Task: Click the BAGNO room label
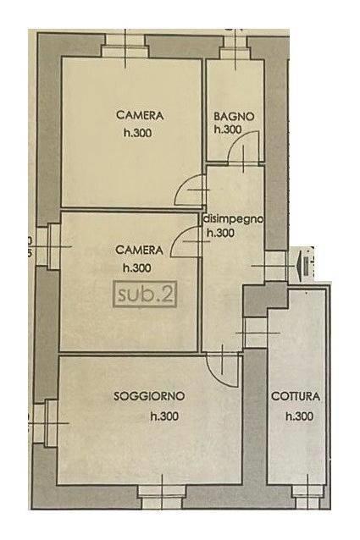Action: point(234,116)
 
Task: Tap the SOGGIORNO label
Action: point(149,396)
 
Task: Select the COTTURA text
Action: point(296,396)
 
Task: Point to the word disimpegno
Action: point(234,219)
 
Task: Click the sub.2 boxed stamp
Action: point(145,295)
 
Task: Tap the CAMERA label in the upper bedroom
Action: point(140,115)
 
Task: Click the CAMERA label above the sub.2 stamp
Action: point(139,250)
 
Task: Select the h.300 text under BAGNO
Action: point(228,129)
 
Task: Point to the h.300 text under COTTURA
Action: point(299,416)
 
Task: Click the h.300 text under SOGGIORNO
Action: point(164,416)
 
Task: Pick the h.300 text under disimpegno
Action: point(220,233)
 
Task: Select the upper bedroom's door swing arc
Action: point(184,184)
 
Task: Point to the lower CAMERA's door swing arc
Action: point(179,234)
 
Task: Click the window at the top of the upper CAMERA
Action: point(125,46)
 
